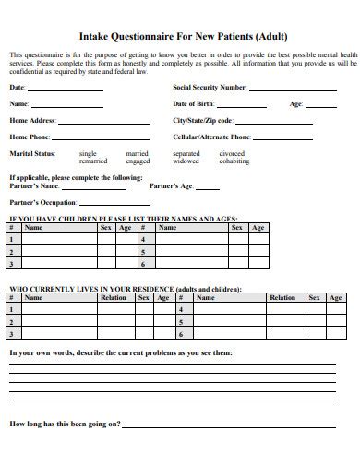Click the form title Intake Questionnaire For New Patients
(180, 37)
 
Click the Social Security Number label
(210, 87)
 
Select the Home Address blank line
(103, 123)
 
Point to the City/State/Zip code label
(203, 120)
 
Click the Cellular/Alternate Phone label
(211, 137)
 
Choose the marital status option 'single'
(88, 153)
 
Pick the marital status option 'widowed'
(186, 161)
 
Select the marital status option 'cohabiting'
(234, 161)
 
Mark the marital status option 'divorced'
(232, 153)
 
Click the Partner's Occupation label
(42, 201)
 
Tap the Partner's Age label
(171, 185)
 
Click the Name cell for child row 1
(60, 238)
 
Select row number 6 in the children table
(143, 264)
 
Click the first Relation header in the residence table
(114, 298)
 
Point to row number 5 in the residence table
(181, 322)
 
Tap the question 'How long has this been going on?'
(65, 424)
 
